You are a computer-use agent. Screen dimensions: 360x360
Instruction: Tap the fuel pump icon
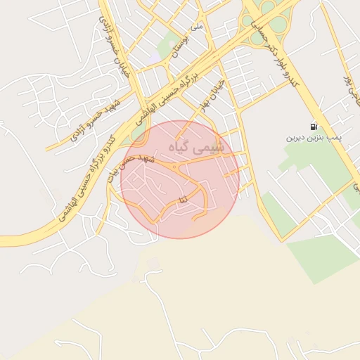click(x=313, y=127)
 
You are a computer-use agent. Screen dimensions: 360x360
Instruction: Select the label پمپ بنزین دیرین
click(x=313, y=138)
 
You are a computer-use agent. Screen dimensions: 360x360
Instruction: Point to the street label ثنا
click(x=184, y=200)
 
